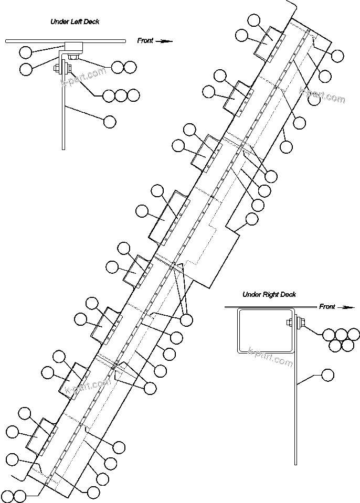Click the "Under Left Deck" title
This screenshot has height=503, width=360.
[x=75, y=22]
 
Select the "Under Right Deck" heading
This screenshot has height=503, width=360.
[x=269, y=295]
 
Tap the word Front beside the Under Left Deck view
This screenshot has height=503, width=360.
[x=145, y=40]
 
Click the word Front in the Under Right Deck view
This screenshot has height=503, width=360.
[x=327, y=307]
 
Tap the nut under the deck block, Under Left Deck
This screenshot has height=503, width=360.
[x=73, y=56]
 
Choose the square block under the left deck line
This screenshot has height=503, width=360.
[x=71, y=46]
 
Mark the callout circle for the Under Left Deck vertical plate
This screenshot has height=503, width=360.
[x=110, y=122]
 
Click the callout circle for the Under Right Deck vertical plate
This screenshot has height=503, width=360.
[x=327, y=375]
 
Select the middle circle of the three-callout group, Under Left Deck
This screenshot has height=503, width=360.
[x=121, y=95]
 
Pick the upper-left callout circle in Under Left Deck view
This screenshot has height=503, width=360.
[x=25, y=51]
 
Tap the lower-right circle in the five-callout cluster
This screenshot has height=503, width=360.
[x=347, y=345]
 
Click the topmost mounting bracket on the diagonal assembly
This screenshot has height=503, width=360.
[x=267, y=41]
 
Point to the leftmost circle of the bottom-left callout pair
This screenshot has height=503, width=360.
[x=8, y=495]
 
